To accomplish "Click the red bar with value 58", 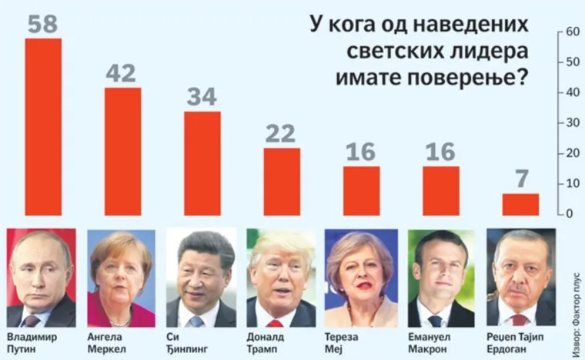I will [x=43, y=127].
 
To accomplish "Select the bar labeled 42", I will [x=122, y=152].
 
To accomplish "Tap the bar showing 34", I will [x=202, y=163].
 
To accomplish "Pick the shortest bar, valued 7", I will [x=520, y=204].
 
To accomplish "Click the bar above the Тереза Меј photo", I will [x=361, y=191].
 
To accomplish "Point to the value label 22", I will [x=281, y=134].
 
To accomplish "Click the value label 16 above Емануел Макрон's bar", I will [x=440, y=152].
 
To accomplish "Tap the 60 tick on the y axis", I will [x=571, y=32].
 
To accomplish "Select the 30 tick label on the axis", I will [x=571, y=123].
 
